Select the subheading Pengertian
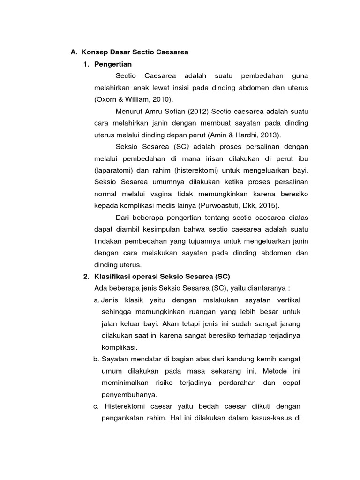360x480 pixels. [x=113, y=64]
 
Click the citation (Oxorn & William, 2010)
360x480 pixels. [x=134, y=100]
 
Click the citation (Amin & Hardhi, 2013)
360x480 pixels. [x=241, y=135]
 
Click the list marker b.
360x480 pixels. [x=97, y=359]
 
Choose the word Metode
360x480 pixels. [x=275, y=370]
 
